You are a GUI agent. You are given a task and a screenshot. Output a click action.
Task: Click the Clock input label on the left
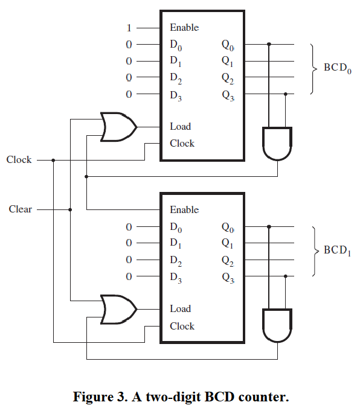pyautogui.click(x=19, y=160)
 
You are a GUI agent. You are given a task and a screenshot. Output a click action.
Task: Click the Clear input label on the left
pyautogui.click(x=20, y=209)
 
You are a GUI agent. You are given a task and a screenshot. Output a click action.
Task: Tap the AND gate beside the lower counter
pyautogui.click(x=277, y=326)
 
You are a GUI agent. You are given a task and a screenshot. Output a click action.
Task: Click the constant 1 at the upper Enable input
pyautogui.click(x=129, y=27)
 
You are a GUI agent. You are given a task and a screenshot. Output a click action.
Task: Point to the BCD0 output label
pyautogui.click(x=337, y=68)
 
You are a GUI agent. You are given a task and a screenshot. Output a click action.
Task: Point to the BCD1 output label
pyautogui.click(x=337, y=250)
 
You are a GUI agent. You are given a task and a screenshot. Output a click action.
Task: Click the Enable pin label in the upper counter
pyautogui.click(x=184, y=27)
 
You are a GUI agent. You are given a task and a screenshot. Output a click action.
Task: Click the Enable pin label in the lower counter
pyautogui.click(x=184, y=209)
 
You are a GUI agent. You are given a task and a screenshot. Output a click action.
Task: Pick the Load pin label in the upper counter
pyautogui.click(x=180, y=126)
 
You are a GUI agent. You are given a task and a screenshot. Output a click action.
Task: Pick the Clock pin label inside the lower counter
pyautogui.click(x=182, y=326)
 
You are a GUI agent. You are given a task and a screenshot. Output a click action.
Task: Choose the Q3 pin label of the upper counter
pyautogui.click(x=228, y=95)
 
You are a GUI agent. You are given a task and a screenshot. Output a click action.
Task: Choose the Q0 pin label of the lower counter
pyautogui.click(x=228, y=228)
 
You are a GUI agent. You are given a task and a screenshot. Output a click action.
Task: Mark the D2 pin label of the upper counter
pyautogui.click(x=176, y=78)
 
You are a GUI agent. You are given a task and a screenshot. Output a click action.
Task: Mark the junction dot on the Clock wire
pyautogui.click(x=54, y=160)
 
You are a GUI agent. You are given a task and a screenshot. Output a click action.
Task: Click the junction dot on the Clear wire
pyautogui.click(x=71, y=209)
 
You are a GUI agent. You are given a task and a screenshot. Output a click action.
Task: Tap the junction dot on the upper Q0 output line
pyautogui.click(x=269, y=44)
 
